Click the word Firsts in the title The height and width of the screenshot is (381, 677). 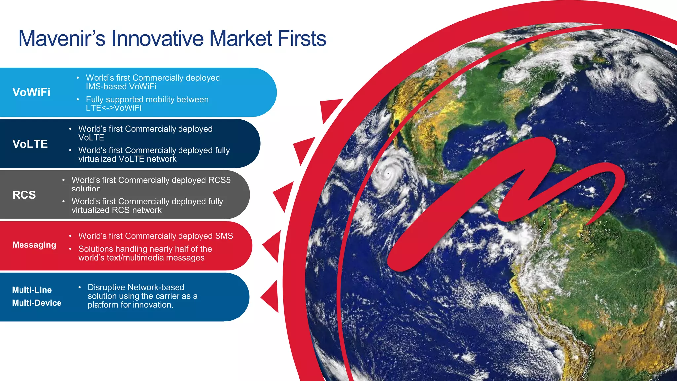[301, 39]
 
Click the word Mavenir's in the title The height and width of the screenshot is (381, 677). [62, 39]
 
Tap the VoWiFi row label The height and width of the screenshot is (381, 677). [31, 92]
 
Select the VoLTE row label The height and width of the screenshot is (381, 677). [30, 144]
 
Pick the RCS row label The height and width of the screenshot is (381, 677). [24, 195]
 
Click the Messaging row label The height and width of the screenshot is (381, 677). [34, 245]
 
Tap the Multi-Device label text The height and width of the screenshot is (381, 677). [37, 303]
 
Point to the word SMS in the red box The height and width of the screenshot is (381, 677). [224, 236]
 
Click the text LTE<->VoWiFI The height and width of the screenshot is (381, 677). [114, 108]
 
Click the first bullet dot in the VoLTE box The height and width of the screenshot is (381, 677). [70, 129]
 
